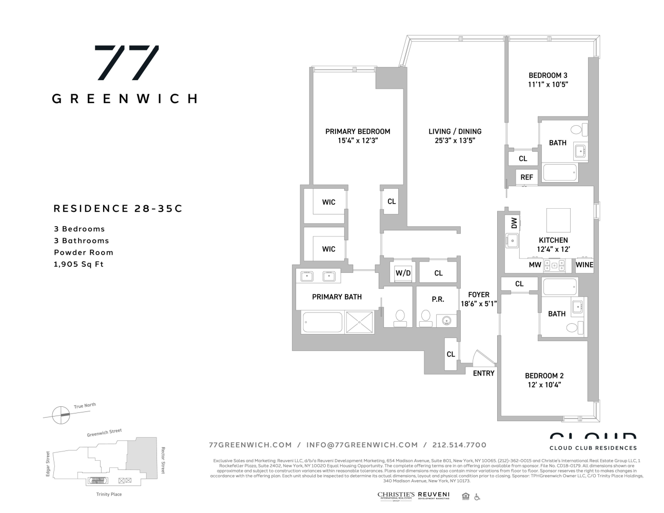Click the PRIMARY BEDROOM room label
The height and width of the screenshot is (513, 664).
point(358,131)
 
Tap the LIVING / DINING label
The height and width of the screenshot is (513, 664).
point(455,131)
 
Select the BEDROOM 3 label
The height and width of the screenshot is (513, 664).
point(548,75)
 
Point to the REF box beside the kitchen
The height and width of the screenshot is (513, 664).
point(526,177)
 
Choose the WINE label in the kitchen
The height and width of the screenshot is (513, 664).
point(584,265)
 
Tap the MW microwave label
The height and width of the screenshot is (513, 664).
point(535,265)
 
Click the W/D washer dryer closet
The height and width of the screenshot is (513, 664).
point(403,273)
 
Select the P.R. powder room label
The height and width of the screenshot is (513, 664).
point(438,299)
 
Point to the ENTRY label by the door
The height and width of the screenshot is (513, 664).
point(483,373)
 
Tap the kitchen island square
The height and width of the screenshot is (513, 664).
point(558,221)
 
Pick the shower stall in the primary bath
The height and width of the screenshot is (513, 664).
point(361,322)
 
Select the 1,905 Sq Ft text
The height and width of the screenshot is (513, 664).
point(79,264)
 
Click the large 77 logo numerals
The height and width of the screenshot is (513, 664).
point(126,63)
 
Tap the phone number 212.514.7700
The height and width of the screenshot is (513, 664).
point(459,445)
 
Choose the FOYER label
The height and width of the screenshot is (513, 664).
point(478,295)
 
